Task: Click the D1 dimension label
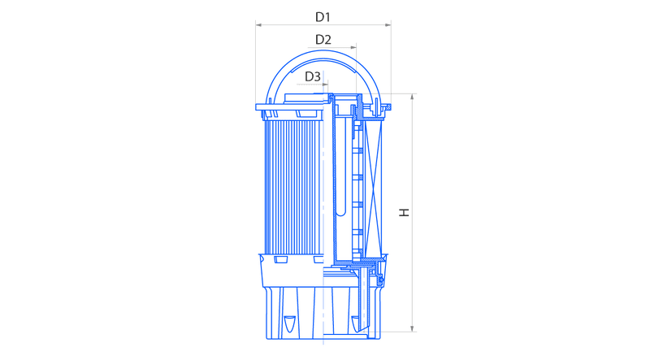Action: click(323, 17)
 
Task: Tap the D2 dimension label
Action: click(323, 40)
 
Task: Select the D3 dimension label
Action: click(313, 76)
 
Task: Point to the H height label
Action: click(404, 212)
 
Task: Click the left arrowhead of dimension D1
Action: click(258, 25)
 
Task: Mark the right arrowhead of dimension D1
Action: click(388, 25)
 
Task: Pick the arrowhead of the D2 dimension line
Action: click(353, 48)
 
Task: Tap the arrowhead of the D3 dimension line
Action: click(325, 85)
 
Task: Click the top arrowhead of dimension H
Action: click(412, 97)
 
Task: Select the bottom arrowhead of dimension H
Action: click(412, 328)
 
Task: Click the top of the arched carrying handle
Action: click(323, 51)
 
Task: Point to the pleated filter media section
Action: click(293, 187)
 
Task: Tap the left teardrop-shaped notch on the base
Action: click(289, 323)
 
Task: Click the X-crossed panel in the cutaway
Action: click(373, 187)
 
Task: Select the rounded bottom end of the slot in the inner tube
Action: click(340, 213)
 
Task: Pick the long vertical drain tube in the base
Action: click(365, 298)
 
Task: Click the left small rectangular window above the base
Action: click(280, 259)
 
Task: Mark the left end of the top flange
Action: click(257, 107)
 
